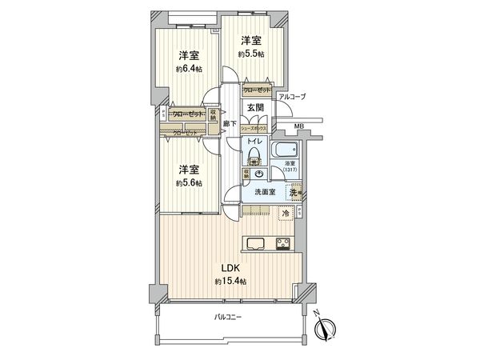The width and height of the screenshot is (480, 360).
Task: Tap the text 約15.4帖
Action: (230, 282)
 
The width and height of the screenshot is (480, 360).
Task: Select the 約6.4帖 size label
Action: (188, 70)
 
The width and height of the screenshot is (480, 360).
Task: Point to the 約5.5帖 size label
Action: (250, 54)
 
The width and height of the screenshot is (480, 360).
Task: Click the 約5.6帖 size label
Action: (189, 183)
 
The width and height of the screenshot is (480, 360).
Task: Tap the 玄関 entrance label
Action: (254, 108)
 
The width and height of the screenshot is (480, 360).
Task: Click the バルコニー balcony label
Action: (229, 318)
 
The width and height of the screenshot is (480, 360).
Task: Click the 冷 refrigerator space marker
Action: (286, 213)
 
